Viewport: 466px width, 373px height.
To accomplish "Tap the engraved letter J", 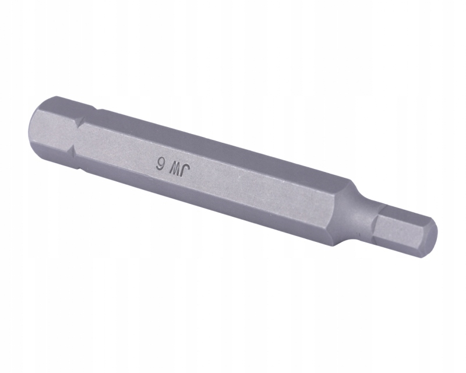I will coord(187,173).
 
